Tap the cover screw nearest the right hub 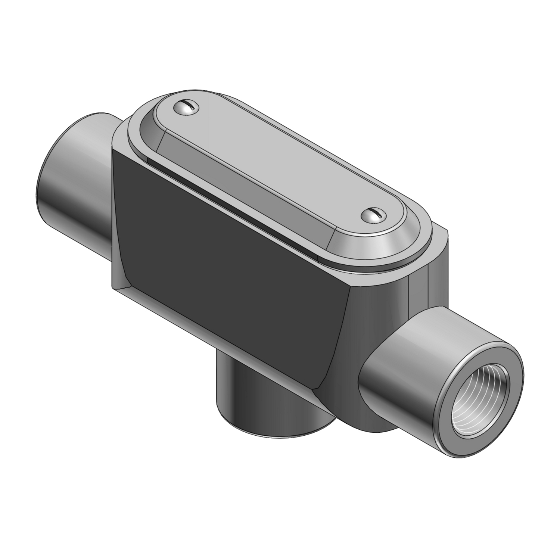click(x=374, y=215)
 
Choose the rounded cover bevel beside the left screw click(x=146, y=127)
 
